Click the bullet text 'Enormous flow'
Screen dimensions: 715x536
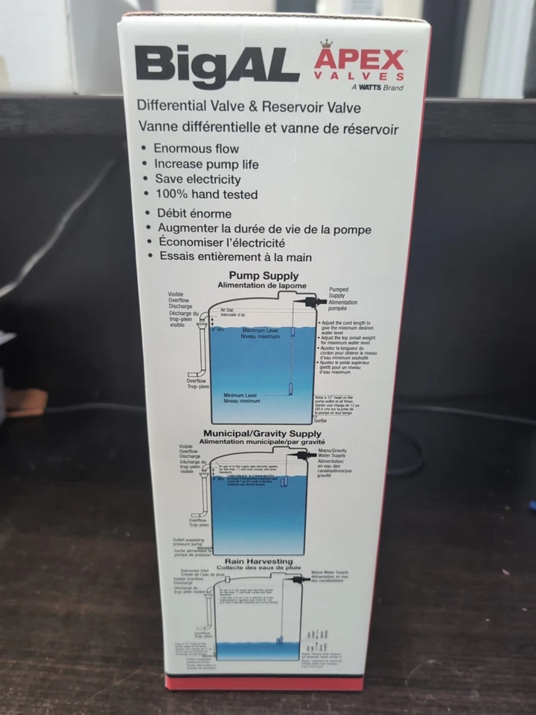tap(196, 148)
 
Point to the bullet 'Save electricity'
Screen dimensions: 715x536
tap(197, 179)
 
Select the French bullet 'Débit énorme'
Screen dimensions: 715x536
tap(194, 214)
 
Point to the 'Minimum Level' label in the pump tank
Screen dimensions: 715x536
tap(240, 395)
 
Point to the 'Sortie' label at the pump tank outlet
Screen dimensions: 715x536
tap(321, 421)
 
